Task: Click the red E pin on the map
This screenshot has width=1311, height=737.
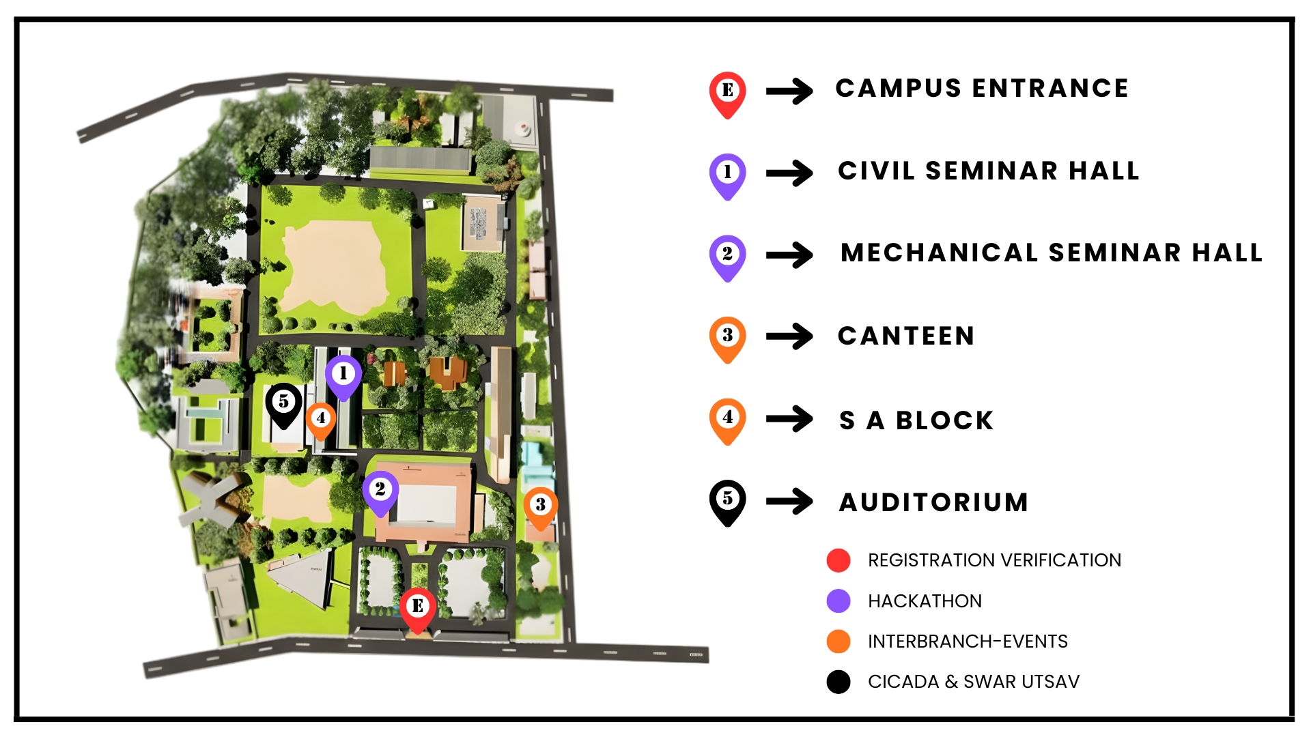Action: click(x=417, y=607)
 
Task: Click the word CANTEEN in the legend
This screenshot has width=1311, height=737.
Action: click(x=905, y=336)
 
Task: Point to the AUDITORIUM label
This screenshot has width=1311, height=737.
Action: click(x=933, y=502)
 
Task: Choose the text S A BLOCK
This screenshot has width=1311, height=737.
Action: click(x=916, y=420)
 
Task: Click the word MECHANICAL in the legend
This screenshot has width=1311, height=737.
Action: click(x=939, y=252)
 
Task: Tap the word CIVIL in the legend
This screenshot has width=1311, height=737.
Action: click(x=876, y=171)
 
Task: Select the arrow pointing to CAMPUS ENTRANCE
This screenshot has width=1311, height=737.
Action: click(x=789, y=91)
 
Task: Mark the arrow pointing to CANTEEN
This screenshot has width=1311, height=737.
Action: click(x=789, y=336)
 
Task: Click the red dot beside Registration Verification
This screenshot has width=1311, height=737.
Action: click(x=838, y=560)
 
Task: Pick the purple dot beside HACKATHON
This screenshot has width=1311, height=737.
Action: click(x=838, y=601)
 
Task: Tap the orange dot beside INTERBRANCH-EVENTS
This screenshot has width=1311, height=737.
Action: click(x=838, y=641)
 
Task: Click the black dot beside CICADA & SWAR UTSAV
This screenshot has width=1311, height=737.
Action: click(x=838, y=682)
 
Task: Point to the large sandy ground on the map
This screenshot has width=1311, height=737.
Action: click(x=335, y=266)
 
